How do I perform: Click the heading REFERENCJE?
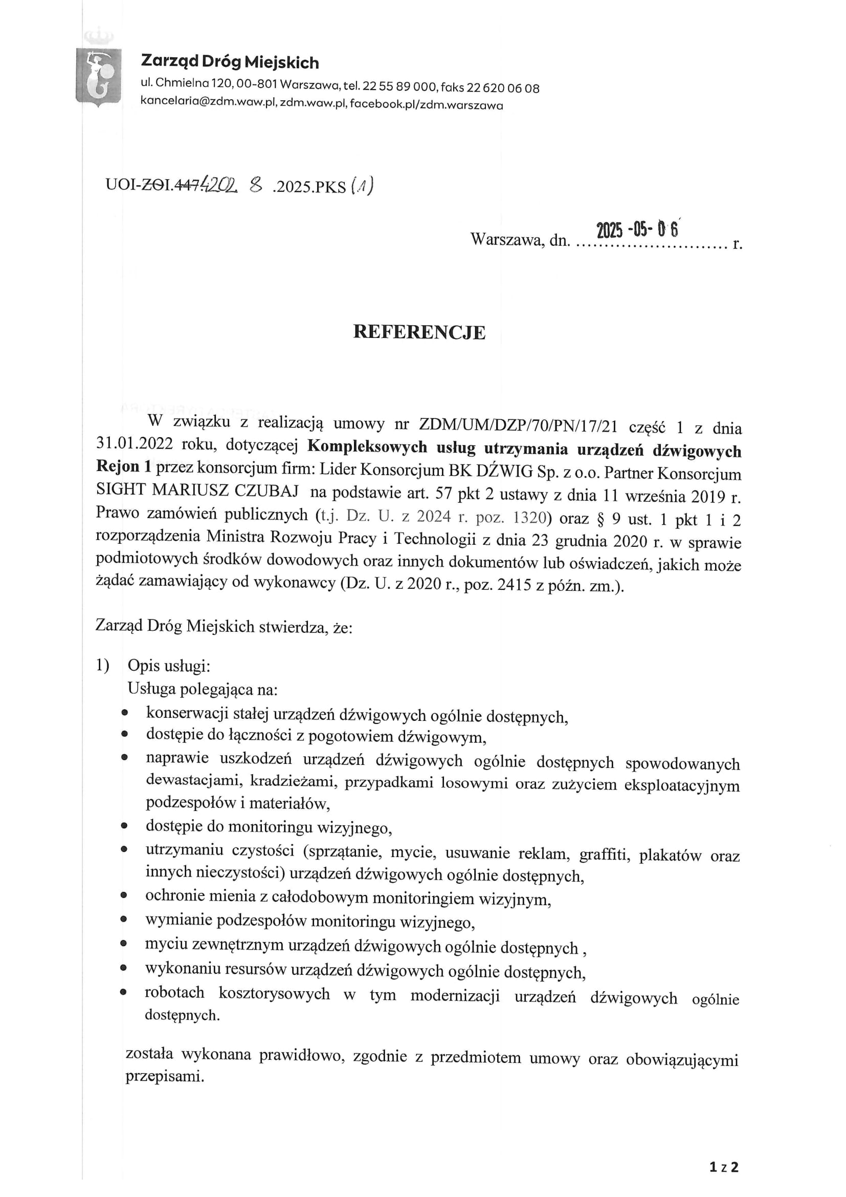coord(419,333)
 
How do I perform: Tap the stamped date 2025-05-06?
coord(637,229)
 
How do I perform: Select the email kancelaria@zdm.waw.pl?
coord(208,103)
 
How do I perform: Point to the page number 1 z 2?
coord(724,1167)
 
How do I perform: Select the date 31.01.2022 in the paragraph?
coord(135,444)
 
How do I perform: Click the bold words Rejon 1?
coord(123,466)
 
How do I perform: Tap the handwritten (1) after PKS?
coord(362,186)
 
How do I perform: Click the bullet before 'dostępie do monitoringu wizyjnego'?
coord(124,826)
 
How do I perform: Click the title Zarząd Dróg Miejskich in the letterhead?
coord(230,62)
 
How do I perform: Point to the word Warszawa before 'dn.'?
coord(507,239)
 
